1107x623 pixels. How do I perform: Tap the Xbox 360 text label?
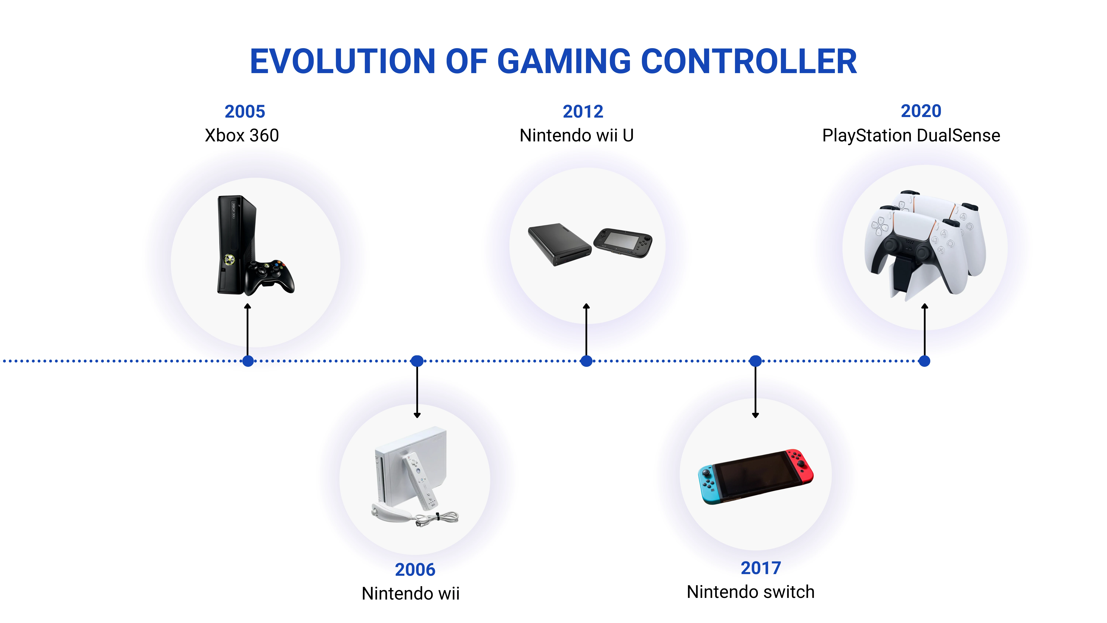[x=242, y=135]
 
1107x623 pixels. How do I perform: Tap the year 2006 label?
[x=415, y=570]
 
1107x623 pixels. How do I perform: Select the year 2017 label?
[x=761, y=568]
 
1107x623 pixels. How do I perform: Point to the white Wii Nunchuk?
[x=389, y=513]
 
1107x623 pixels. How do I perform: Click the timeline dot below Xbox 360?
[x=248, y=361]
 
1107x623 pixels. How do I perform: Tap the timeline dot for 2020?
[x=924, y=361]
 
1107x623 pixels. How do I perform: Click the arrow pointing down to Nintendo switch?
[x=756, y=389]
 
